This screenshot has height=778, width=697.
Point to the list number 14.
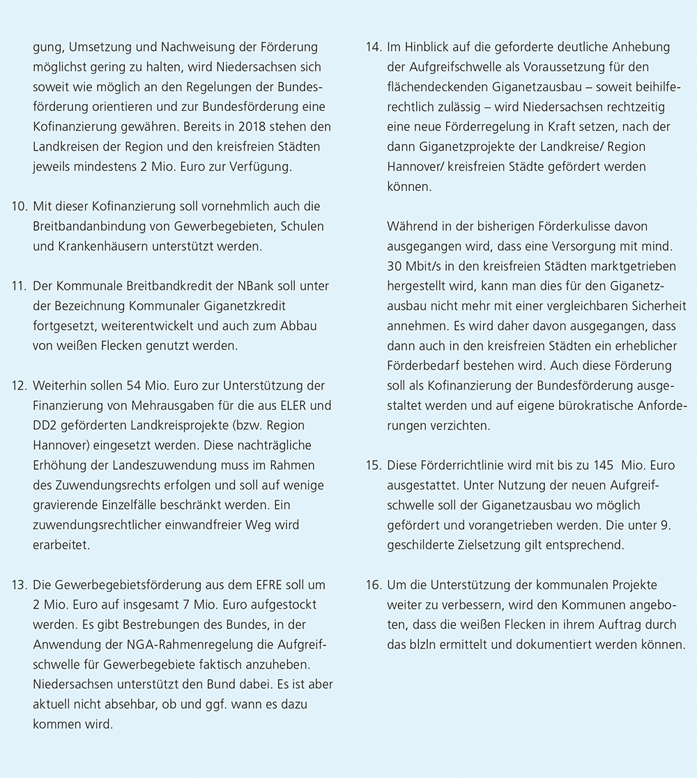[x=373, y=48]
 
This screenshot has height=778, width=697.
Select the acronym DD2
[x=46, y=425]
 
